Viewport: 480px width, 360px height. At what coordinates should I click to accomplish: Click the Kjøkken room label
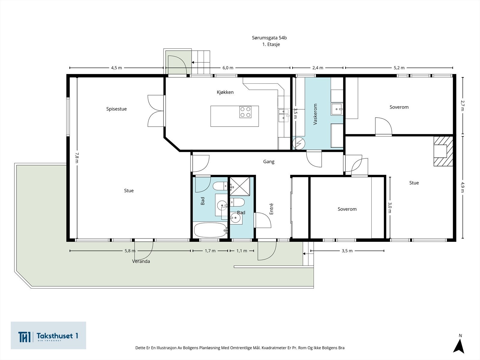coord(225,92)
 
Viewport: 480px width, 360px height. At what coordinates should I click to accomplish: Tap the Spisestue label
coord(116,109)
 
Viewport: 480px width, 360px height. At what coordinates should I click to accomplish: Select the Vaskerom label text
coord(315,114)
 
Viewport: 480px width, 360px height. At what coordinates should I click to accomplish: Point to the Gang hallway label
coord(268,161)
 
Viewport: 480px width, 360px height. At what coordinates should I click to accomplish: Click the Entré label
coord(271,209)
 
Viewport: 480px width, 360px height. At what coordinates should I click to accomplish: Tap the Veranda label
coord(141,261)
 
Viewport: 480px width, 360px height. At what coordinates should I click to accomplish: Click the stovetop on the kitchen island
coord(245,112)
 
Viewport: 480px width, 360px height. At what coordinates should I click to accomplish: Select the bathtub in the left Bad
coord(210,230)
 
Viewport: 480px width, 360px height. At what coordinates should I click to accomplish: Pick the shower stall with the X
coord(240,186)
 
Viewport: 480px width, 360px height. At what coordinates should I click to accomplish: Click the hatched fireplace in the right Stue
coord(443,151)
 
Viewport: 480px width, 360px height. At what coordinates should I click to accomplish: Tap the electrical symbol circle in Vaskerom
coord(299,143)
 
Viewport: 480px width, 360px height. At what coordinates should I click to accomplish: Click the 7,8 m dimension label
coord(76,157)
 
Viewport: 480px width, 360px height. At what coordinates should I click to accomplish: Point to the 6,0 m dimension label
coord(228,68)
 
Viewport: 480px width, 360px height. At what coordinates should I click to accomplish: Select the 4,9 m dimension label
coord(462,187)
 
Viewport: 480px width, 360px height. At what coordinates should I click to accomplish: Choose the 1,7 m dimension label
coord(210,251)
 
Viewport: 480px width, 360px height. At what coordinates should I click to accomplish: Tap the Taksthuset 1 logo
coord(48,335)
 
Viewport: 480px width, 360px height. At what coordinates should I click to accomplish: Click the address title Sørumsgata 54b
coord(269,38)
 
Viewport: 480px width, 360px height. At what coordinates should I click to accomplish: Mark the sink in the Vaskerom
coord(337,109)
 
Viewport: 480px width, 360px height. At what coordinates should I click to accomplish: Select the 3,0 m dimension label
coord(389,207)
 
